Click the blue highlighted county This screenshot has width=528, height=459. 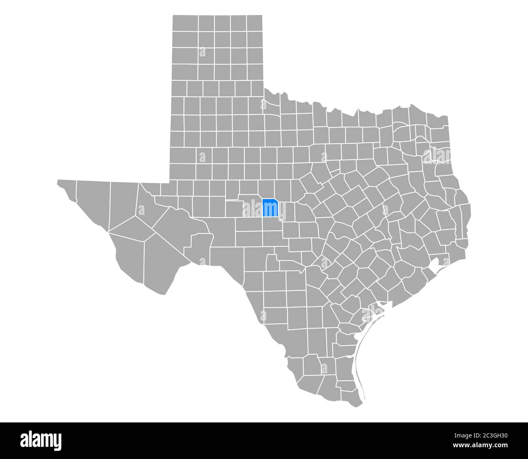click(x=270, y=208)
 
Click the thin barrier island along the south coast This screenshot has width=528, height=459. click(x=359, y=357)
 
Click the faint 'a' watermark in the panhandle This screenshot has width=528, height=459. click(x=202, y=52)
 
